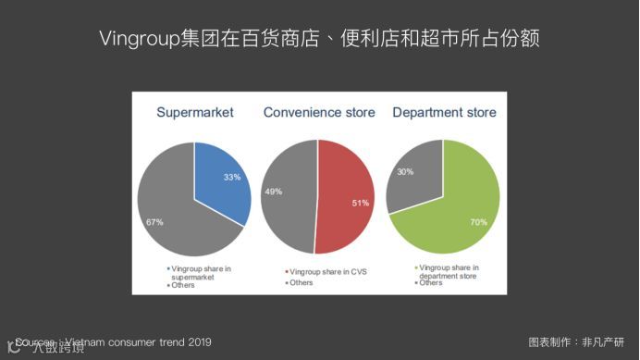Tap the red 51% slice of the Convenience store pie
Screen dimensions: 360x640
click(342, 199)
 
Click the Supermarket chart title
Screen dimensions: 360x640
click(194, 113)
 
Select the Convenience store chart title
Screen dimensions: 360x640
click(319, 113)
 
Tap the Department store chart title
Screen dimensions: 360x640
click(444, 113)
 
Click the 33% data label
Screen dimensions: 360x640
click(231, 176)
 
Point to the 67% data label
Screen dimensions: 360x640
click(154, 223)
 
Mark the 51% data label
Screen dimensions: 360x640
click(361, 203)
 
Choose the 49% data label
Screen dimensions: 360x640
click(273, 192)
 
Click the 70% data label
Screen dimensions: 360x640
click(478, 223)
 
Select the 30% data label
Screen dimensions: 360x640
click(404, 171)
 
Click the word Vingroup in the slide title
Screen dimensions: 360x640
click(135, 39)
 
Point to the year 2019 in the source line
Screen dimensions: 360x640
click(200, 342)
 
